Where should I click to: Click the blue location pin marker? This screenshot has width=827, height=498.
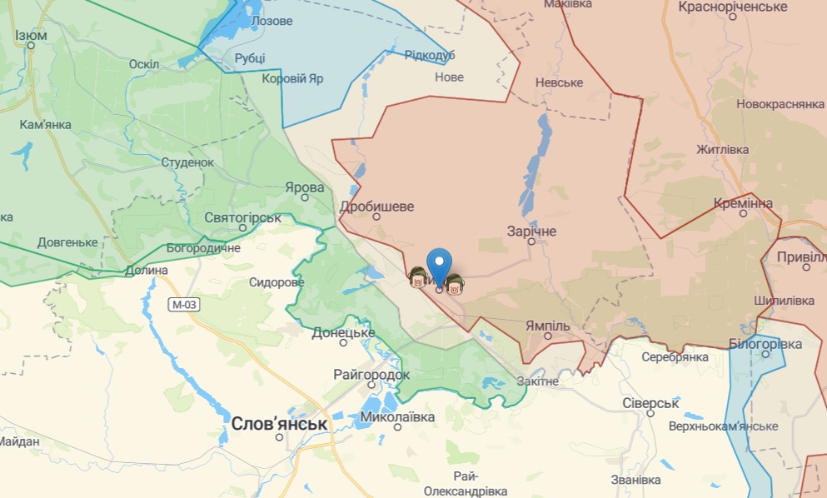pyautogui.click(x=439, y=266)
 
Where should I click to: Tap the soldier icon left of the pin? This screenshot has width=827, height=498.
pyautogui.click(x=417, y=277)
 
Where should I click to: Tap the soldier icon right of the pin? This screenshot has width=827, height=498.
pyautogui.click(x=454, y=285)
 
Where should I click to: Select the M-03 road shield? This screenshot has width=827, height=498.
pyautogui.click(x=184, y=305)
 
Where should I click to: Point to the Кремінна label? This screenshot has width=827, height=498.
pyautogui.click(x=743, y=203)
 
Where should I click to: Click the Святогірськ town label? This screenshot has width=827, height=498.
pyautogui.click(x=243, y=217)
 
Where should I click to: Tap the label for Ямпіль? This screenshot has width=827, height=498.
pyautogui.click(x=548, y=326)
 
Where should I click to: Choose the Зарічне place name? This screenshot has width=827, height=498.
pyautogui.click(x=531, y=232)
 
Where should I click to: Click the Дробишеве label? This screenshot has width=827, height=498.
pyautogui.click(x=376, y=207)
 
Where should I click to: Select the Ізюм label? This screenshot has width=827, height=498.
pyautogui.click(x=31, y=35)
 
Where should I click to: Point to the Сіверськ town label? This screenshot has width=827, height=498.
pyautogui.click(x=651, y=403)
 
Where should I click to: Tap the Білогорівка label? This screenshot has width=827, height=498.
pyautogui.click(x=765, y=344)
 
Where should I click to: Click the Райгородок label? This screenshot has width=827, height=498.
pyautogui.click(x=371, y=375)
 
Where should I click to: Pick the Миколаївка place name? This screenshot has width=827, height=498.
pyautogui.click(x=398, y=416)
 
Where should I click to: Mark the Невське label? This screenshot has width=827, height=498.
pyautogui.click(x=559, y=82)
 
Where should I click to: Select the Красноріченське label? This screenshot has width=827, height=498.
pyautogui.click(x=733, y=7)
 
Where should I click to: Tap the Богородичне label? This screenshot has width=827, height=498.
pyautogui.click(x=203, y=248)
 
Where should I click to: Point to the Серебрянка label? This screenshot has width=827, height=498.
pyautogui.click(x=675, y=357)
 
